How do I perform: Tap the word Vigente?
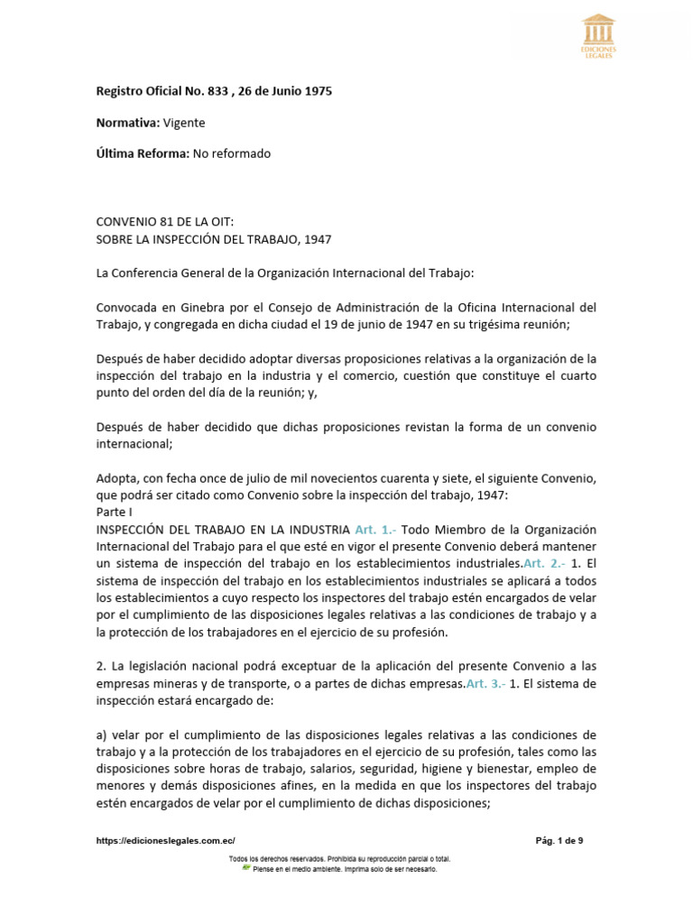184,122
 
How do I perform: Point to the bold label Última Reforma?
143,153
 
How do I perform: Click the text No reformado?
232,153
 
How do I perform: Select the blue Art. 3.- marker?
487,684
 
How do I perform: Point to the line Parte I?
115,512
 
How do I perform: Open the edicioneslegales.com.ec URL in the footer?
165,840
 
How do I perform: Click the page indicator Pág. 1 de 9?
559,840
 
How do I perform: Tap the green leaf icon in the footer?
245,868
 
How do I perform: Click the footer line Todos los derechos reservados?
340,858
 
